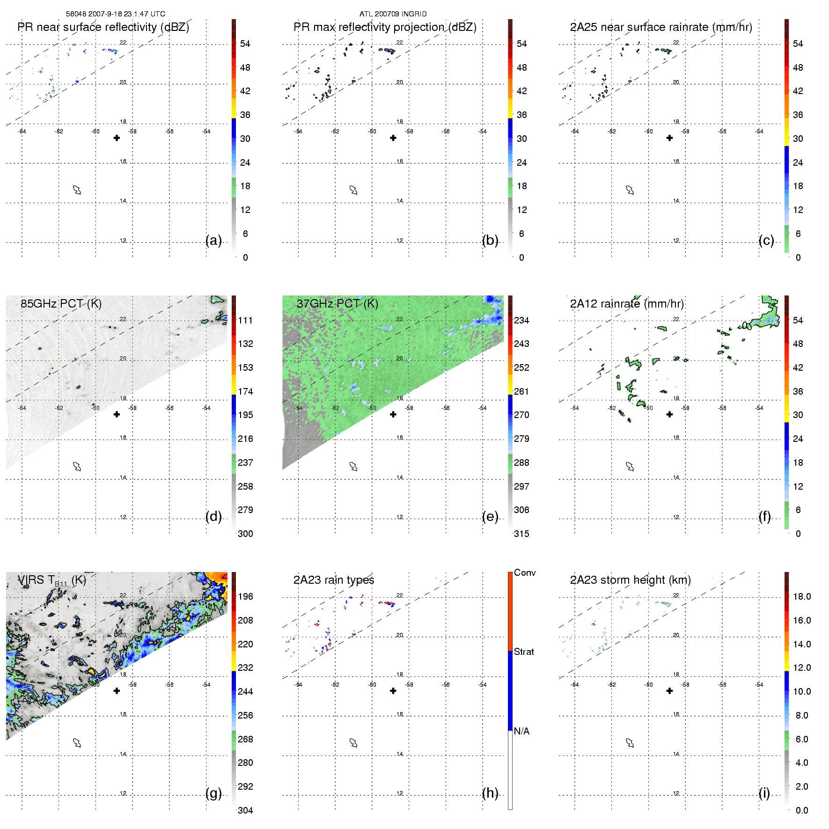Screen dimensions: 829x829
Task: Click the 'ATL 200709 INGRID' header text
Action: (393, 14)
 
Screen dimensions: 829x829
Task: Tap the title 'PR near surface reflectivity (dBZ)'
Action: (103, 27)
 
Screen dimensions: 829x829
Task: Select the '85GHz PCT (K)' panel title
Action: (61, 303)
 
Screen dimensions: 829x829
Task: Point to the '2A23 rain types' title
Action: (333, 580)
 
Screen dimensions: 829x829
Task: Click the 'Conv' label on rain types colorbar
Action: (524, 572)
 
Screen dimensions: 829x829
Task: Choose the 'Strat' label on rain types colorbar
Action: (523, 652)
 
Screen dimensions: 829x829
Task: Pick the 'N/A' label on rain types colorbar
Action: (521, 731)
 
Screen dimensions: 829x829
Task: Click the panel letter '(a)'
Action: (213, 240)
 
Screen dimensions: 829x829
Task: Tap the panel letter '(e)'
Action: (490, 516)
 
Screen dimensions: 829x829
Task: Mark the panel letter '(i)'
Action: (764, 793)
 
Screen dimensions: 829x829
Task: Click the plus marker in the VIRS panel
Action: (117, 691)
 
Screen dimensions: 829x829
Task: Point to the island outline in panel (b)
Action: (353, 190)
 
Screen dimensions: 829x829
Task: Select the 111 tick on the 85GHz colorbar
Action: (245, 320)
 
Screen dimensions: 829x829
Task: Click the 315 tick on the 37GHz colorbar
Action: (521, 534)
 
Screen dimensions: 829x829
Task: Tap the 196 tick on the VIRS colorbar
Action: (245, 596)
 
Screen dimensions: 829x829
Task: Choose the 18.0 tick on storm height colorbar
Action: (801, 596)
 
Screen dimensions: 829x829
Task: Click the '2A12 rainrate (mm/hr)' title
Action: (626, 304)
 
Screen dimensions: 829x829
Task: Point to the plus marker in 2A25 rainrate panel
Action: (669, 138)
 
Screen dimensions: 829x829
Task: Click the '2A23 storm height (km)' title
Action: (630, 580)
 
